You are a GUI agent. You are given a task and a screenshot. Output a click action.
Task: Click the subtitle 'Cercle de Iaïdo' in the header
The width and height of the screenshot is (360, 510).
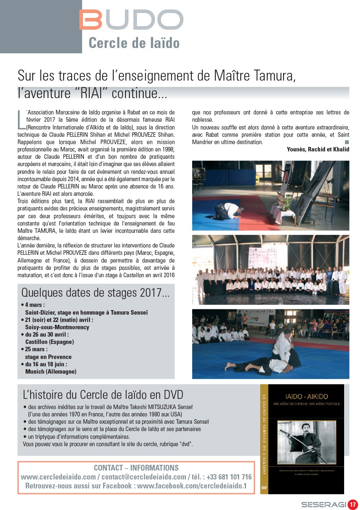click(134, 43)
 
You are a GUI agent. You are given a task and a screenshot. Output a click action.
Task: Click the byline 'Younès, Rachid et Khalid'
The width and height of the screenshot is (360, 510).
click(318, 149)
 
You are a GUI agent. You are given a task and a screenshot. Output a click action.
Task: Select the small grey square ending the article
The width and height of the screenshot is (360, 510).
click(347, 142)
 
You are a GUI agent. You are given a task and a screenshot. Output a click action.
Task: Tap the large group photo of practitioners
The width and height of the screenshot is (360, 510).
click(270, 269)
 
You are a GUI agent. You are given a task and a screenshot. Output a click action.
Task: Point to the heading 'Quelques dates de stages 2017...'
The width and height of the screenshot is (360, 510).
click(95, 292)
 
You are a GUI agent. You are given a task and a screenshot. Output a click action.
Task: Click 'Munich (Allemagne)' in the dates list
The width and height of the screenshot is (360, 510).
click(50, 372)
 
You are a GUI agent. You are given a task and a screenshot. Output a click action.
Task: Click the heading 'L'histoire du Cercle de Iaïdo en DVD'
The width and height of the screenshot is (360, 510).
click(103, 394)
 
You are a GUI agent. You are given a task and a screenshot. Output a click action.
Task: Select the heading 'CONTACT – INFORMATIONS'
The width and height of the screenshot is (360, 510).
click(136, 468)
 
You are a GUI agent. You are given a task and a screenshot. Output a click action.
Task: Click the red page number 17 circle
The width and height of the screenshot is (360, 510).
click(352, 505)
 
